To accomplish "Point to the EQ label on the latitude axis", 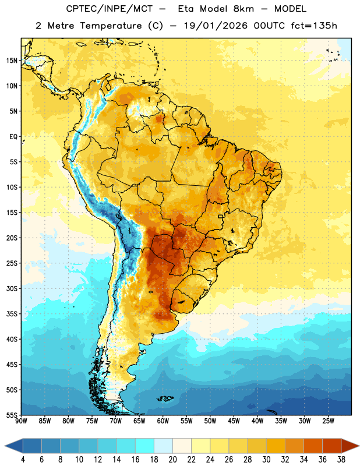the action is tap(13, 137).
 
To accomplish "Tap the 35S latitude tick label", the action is tap(12, 314).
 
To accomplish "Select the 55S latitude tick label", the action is tap(12, 415).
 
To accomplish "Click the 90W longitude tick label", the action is tap(22, 421).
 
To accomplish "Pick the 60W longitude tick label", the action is tap(163, 421).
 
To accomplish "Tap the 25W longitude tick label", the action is tap(328, 421).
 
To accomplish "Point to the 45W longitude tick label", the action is tap(234, 421).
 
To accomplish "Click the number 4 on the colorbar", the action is tap(23, 460).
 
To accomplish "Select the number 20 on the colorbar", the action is tap(172, 460).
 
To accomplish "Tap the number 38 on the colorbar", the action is tap(341, 460).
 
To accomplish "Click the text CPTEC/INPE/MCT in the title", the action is tap(110, 9).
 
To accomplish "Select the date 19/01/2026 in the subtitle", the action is tap(216, 26).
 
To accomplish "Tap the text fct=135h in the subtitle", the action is tap(314, 26).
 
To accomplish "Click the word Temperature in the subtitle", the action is tap(111, 26).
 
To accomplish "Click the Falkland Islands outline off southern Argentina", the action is tap(165, 398).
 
